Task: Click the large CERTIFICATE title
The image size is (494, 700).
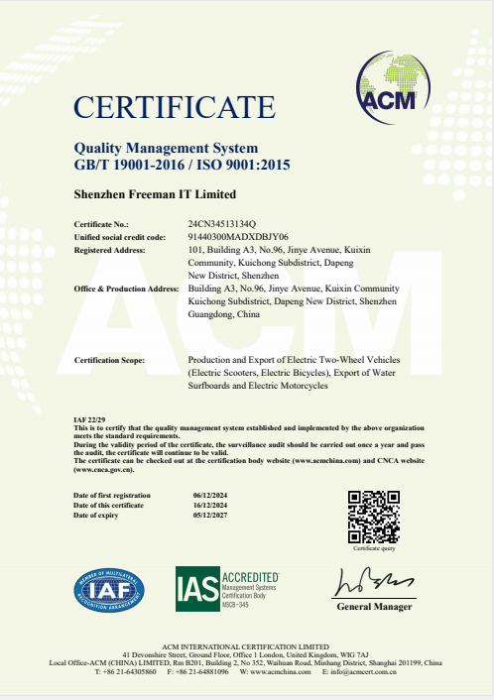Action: tap(174, 107)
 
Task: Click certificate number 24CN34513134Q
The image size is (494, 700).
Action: tap(222, 226)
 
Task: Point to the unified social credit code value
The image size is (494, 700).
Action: tap(238, 238)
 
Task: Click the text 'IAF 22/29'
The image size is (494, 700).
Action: tap(89, 420)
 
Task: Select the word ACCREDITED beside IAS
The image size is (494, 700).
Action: tap(250, 575)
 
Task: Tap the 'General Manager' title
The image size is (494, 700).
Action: tap(374, 607)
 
